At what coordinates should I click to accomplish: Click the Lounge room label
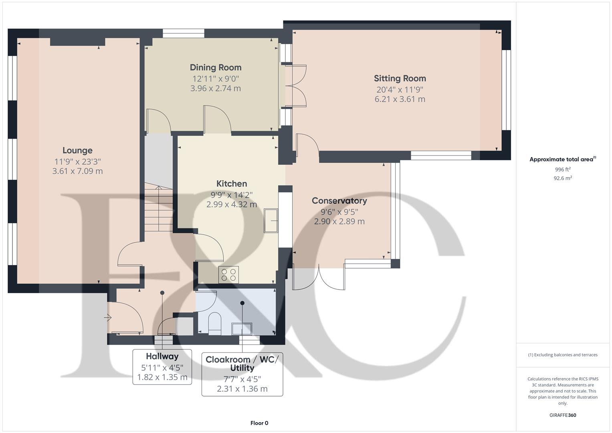pos(77,150)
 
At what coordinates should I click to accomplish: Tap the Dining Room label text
pos(216,67)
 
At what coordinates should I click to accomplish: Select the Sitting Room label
pos(400,78)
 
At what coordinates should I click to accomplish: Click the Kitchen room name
pos(232,184)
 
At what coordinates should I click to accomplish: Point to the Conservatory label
pos(339,200)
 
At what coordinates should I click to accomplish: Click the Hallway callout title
pos(162,356)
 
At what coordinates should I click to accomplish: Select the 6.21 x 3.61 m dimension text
pos(400,99)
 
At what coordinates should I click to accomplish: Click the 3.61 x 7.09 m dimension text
pos(77,171)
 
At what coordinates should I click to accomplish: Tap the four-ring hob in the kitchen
pos(228,275)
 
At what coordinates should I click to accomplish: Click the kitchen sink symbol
pos(271,220)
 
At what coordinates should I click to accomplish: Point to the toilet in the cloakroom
pos(215,323)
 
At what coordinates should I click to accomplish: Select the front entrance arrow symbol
pos(107,318)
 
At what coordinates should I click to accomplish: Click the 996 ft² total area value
pos(563,170)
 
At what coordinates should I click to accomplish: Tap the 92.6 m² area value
pos(563,178)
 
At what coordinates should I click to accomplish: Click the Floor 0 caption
pos(259,423)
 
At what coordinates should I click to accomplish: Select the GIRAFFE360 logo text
pos(563,415)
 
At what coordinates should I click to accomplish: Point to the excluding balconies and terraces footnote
pos(563,355)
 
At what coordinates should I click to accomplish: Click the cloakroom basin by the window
pos(242,329)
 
